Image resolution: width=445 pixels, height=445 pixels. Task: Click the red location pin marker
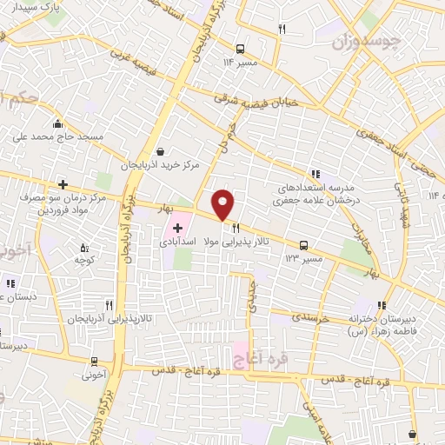click(x=223, y=204)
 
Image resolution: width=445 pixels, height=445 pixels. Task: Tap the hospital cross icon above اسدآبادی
click(x=177, y=228)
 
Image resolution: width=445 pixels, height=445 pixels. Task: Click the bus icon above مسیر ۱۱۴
click(x=241, y=48)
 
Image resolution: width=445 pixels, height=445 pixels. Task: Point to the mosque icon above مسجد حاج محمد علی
click(x=57, y=123)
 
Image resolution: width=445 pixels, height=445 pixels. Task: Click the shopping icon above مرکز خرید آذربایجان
click(x=159, y=151)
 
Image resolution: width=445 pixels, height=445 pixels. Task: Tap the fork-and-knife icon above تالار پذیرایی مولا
click(x=234, y=229)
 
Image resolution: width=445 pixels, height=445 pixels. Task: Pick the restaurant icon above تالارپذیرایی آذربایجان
click(x=109, y=305)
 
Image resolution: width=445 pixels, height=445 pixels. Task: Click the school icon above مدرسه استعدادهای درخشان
click(x=315, y=173)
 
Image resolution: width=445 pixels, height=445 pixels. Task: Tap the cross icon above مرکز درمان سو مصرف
click(x=63, y=184)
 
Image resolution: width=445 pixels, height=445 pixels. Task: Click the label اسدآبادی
click(x=176, y=244)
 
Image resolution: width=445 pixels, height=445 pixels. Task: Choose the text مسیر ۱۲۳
click(x=304, y=259)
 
